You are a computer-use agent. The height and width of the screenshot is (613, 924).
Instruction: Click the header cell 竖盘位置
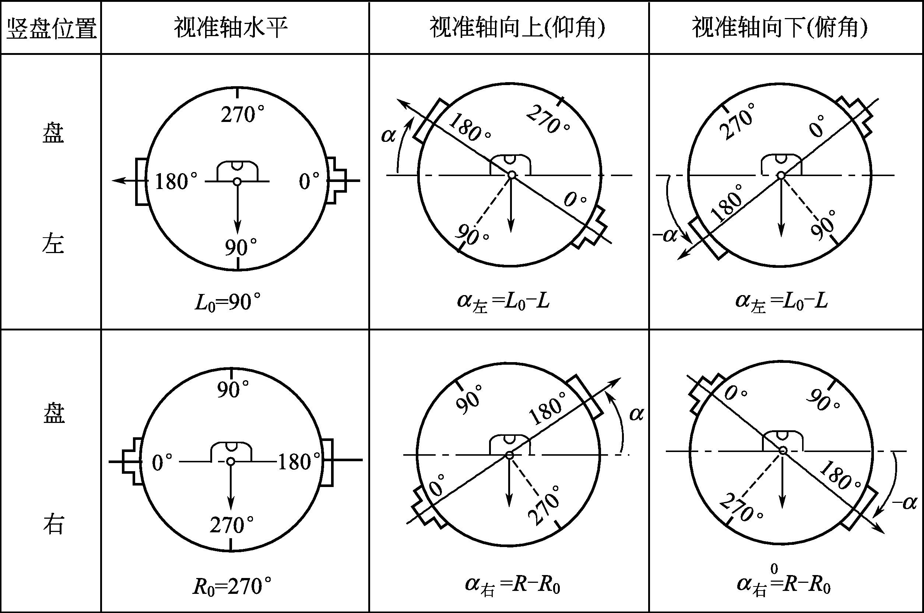coord(51,28)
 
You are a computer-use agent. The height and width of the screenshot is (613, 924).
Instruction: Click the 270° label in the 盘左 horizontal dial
coord(243,115)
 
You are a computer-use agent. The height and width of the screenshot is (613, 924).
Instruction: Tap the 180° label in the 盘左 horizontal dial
coord(176,182)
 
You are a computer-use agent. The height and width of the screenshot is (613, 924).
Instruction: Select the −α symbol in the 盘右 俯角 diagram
coord(904,503)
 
